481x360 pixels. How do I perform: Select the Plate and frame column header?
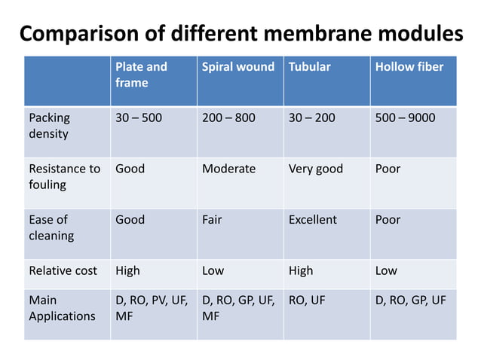(x=141, y=75)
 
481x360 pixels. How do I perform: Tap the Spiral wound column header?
(x=238, y=67)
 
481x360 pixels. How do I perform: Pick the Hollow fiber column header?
(x=409, y=67)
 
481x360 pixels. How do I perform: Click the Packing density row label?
(x=49, y=126)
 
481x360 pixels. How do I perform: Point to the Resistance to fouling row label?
(x=64, y=176)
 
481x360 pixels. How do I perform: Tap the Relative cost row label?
(x=63, y=270)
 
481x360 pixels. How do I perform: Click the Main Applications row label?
(x=62, y=308)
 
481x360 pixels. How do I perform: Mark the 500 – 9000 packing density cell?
(x=405, y=118)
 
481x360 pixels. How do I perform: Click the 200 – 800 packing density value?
(x=228, y=118)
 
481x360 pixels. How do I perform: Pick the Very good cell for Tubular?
(x=315, y=169)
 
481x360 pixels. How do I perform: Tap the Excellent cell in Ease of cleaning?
(x=313, y=220)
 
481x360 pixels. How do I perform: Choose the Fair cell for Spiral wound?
(x=212, y=220)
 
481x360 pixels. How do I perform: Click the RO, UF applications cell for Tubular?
(x=307, y=301)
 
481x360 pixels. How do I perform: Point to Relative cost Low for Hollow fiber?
(x=386, y=270)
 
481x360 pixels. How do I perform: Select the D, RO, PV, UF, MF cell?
(x=152, y=308)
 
